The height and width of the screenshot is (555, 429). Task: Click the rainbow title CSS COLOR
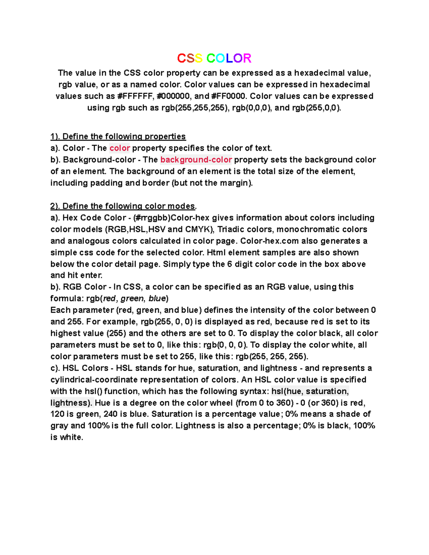pyautogui.click(x=214, y=58)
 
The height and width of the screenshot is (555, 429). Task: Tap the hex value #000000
pyautogui.click(x=173, y=96)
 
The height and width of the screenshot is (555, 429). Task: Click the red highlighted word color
pyautogui.click(x=119, y=148)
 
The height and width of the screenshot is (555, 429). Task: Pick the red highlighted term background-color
pyautogui.click(x=196, y=160)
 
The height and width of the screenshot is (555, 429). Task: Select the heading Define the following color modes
pyautogui.click(x=123, y=206)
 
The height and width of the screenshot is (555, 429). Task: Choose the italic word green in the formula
pyautogui.click(x=132, y=298)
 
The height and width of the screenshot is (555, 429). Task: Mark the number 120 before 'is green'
pyautogui.click(x=57, y=414)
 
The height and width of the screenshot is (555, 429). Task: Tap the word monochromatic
pyautogui.click(x=304, y=229)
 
